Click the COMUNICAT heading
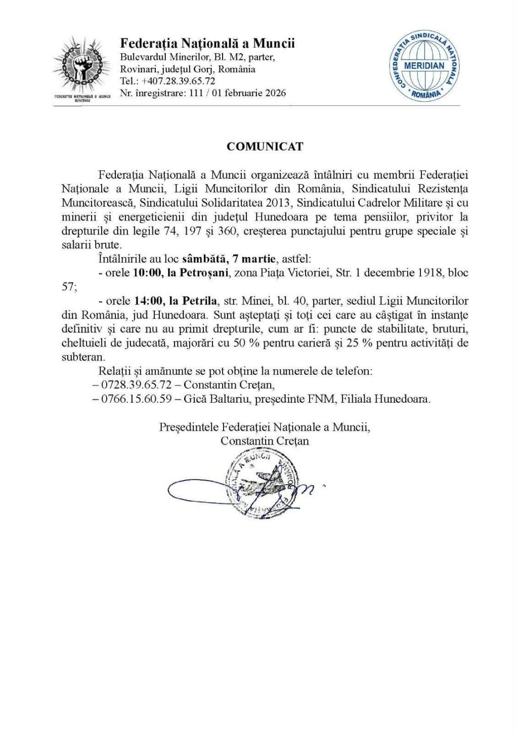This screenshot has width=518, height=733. [265, 147]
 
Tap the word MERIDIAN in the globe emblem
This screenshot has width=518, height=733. [424, 66]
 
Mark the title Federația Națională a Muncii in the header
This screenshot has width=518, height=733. [207, 44]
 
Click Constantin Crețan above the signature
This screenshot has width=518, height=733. [265, 441]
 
